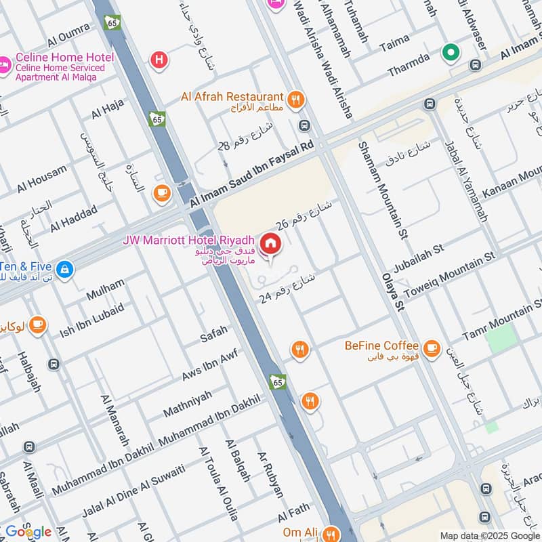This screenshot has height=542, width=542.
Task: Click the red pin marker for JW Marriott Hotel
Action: (x=270, y=243)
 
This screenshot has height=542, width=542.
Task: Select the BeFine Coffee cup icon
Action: (x=430, y=346)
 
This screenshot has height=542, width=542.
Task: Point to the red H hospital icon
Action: (x=160, y=60)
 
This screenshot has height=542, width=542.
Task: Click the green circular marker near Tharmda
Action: (x=449, y=51)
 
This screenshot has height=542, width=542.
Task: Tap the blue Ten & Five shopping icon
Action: (x=64, y=269)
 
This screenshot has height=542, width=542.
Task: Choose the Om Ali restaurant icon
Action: (x=331, y=533)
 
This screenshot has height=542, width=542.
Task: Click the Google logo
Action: (x=28, y=532)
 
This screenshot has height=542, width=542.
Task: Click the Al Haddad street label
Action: (x=74, y=217)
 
